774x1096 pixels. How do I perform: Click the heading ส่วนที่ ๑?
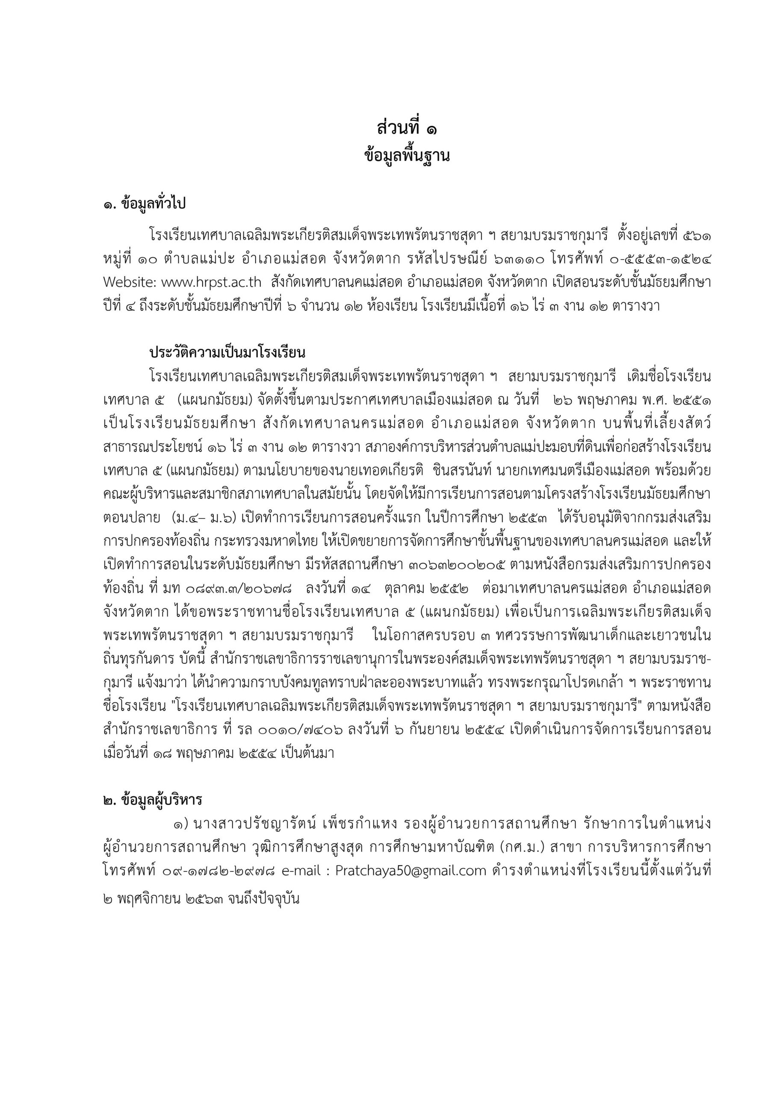(406, 129)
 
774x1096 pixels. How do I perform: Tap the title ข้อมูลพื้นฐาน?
(406, 156)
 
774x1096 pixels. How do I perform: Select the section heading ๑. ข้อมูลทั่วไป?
(144, 204)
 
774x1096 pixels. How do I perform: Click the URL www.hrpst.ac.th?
(211, 282)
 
